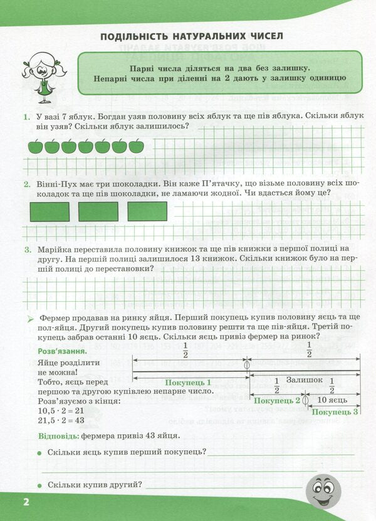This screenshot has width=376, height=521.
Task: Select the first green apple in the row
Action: pyautogui.click(x=36, y=147)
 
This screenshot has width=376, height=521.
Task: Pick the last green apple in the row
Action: pyautogui.click(x=136, y=147)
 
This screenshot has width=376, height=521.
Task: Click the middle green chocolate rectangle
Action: pyautogui.click(x=98, y=212)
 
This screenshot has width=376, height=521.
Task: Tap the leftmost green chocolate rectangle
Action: pyautogui.click(x=50, y=212)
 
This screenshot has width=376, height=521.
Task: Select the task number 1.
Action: pyautogui.click(x=26, y=117)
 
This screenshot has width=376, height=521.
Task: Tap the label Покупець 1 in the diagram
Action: pyautogui.click(x=188, y=382)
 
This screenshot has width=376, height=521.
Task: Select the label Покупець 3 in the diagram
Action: pyautogui.click(x=335, y=411)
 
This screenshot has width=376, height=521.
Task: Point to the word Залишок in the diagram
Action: pyautogui.click(x=305, y=380)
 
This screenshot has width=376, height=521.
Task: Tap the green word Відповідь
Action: pyautogui.click(x=58, y=435)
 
